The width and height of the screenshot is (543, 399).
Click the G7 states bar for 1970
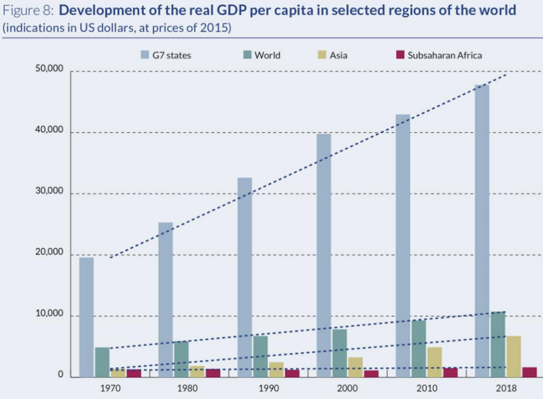click(x=86, y=317)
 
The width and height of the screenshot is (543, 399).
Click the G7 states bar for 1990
click(x=245, y=277)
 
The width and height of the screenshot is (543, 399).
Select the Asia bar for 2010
click(x=434, y=362)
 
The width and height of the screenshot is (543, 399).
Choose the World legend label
click(x=267, y=55)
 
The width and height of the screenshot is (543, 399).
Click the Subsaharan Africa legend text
click(x=444, y=55)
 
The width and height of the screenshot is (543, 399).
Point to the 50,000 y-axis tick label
click(x=49, y=70)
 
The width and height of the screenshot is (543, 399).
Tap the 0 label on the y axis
click(x=60, y=376)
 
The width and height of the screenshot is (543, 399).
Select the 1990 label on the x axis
click(x=268, y=388)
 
